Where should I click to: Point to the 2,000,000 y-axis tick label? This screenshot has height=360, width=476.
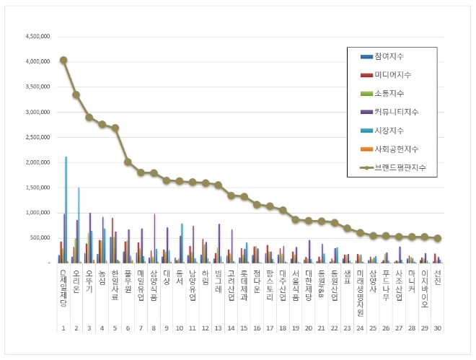(x=35, y=162)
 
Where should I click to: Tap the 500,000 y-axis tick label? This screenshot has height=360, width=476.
(x=38, y=238)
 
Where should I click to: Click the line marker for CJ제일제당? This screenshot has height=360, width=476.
(x=63, y=60)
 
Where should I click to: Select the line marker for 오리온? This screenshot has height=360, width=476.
(x=76, y=95)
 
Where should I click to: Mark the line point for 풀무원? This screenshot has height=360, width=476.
(x=128, y=162)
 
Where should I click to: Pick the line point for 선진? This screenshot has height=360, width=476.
(x=437, y=238)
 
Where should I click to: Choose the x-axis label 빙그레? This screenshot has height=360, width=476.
(x=218, y=281)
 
